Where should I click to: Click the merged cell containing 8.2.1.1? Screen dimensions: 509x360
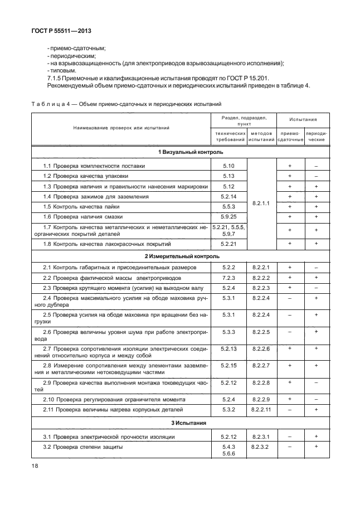[261, 203]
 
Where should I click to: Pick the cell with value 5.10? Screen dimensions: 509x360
[229, 166]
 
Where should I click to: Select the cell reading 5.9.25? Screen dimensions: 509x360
[229, 216]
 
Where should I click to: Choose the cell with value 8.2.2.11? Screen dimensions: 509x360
[261, 409]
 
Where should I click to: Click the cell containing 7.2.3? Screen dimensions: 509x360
[229, 278]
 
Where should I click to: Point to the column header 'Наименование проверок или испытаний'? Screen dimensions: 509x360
[121, 128]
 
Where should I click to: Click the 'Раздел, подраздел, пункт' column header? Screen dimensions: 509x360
[245, 120]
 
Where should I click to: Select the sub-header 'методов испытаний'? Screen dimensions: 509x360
[261, 136]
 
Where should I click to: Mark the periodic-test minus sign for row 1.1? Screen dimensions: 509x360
[316, 166]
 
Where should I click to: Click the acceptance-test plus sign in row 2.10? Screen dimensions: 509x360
[290, 399]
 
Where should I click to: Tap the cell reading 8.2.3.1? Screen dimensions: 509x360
[261, 437]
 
